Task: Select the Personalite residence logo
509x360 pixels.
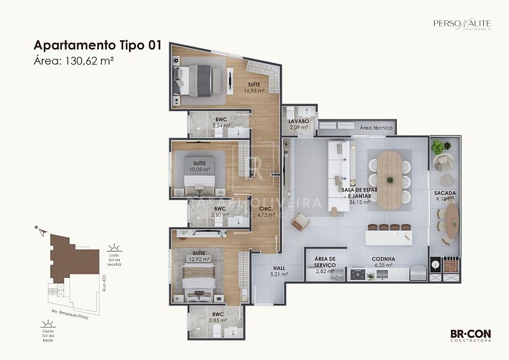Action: (462, 24)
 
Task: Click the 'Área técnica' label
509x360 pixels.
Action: (376, 128)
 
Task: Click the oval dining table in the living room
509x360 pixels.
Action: (390, 179)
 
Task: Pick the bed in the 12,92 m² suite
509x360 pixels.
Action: (198, 280)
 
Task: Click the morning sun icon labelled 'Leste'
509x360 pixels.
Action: (113, 248)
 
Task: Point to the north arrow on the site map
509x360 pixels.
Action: (40, 230)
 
